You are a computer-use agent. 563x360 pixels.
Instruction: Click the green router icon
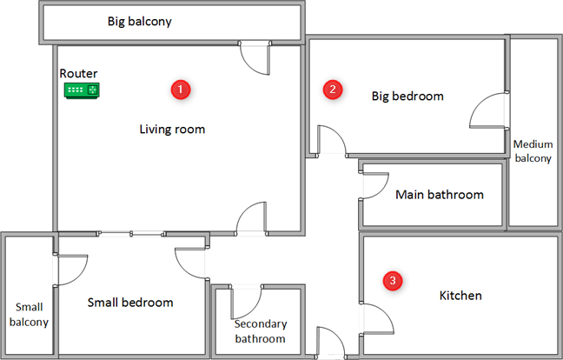pos(82,90)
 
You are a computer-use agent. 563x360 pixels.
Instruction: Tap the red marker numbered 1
pos(181,90)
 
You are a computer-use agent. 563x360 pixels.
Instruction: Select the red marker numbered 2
pos(333,90)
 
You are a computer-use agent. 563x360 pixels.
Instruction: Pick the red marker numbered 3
pos(393,281)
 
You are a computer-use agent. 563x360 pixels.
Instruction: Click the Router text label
pos(78,73)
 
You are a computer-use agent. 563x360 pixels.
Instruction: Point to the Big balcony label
pos(140,22)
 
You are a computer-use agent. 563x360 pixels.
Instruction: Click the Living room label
pos(172,129)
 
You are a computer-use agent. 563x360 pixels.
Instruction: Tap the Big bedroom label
pos(407,97)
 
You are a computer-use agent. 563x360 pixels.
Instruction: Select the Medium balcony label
pos(533,151)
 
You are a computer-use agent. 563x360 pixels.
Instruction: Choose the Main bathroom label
pos(440,195)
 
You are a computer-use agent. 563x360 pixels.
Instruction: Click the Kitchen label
pos(460,296)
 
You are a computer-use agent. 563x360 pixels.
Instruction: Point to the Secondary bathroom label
pos(261,331)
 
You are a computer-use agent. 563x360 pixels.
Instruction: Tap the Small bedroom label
pos(130,303)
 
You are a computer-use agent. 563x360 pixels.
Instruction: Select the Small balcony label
pos(29,315)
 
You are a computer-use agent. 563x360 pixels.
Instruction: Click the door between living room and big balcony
pos(255,57)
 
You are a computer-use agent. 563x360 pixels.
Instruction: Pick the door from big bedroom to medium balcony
pos(489,110)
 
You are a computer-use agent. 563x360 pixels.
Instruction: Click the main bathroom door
pos(374,185)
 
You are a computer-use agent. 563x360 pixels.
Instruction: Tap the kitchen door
pos(377,319)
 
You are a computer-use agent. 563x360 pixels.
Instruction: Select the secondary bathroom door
pos(247,302)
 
